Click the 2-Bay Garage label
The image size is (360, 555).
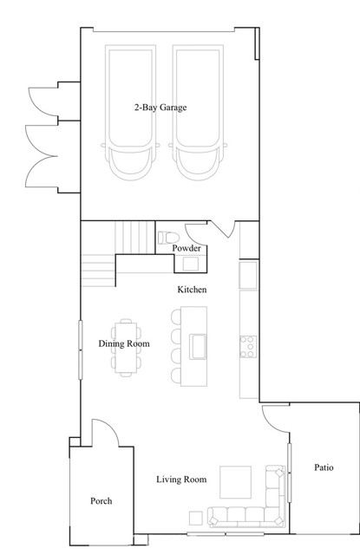tap(160, 108)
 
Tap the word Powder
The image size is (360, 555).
tap(187, 248)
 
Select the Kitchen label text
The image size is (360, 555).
tap(192, 290)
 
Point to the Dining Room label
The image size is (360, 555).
tap(124, 343)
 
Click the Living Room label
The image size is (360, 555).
tap(181, 480)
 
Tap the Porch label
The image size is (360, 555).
tap(101, 501)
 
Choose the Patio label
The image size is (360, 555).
tap(324, 467)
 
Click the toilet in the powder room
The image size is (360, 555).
tap(168, 238)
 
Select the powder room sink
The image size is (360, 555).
tap(191, 264)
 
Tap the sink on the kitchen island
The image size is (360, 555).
tap(198, 347)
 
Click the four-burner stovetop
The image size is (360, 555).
tap(248, 347)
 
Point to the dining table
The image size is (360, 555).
tap(126, 348)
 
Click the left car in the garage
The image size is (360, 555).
tap(130, 113)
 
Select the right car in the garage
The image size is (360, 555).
tap(198, 113)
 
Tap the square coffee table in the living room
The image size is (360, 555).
tap(235, 482)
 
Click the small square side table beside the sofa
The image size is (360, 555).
tap(196, 519)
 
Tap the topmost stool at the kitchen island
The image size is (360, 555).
tap(176, 317)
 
